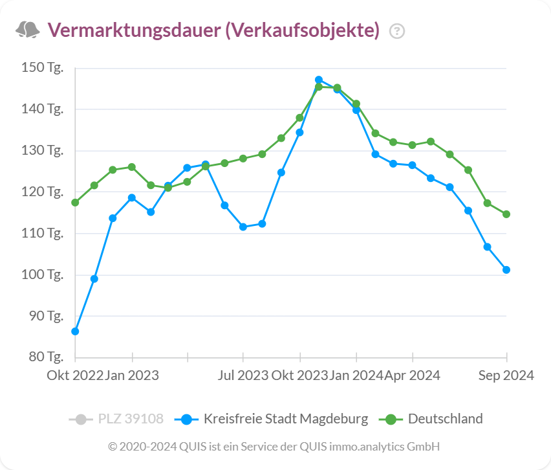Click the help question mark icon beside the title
coord(397,30)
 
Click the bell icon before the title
coord(27,30)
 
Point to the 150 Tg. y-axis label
coord(42,67)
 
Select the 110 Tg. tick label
coord(42,233)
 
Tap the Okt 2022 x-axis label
coord(74,375)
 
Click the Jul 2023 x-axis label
coord(243,375)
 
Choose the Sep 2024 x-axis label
coord(506,375)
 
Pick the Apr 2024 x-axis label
coord(412,375)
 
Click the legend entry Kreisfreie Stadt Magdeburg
coord(285,419)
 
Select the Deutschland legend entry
coord(445,419)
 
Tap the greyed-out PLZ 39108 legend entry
coord(130,419)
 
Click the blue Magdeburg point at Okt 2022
coord(75,331)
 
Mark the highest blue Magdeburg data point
coord(319,80)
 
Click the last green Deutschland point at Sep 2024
coord(506,214)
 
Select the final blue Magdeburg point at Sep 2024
coord(506,270)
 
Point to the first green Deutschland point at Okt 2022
coord(75,203)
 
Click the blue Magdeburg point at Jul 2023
coord(243,227)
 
